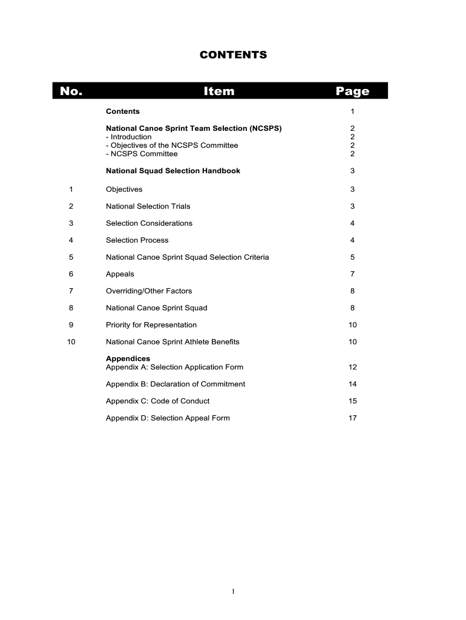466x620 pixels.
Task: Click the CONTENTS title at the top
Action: (233, 55)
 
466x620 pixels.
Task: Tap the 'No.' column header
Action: (71, 91)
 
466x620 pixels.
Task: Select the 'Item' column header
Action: (219, 91)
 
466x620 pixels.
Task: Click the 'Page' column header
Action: (352, 91)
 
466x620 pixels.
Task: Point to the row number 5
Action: (71, 257)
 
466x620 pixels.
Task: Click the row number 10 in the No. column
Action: (71, 342)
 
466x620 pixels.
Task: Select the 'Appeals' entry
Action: (120, 274)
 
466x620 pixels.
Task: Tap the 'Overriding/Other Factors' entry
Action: (149, 291)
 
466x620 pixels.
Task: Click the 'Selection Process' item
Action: (137, 240)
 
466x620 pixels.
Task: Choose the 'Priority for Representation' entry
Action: (151, 325)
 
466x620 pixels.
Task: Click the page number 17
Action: (352, 418)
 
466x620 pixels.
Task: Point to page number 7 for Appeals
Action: (352, 274)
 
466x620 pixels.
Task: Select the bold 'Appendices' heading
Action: (128, 358)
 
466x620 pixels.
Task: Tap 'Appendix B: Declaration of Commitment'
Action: (176, 384)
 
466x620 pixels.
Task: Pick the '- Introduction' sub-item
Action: (129, 137)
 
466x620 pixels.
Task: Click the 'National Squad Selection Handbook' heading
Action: (173, 171)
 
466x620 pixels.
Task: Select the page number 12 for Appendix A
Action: (352, 368)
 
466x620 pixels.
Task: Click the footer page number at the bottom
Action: (233, 592)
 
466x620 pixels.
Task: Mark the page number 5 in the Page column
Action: (352, 257)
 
